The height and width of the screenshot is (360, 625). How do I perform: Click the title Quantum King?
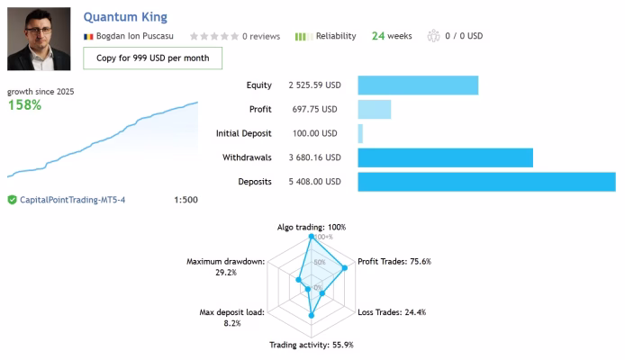[x=124, y=17]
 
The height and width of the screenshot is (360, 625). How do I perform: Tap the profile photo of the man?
[x=38, y=39]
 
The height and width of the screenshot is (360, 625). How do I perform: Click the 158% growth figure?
[x=24, y=105]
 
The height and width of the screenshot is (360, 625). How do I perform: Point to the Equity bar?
[x=418, y=85]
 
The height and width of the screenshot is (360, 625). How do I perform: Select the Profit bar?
[x=375, y=109]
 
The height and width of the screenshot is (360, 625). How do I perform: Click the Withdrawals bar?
[x=445, y=157]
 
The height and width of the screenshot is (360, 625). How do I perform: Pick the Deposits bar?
[x=486, y=182]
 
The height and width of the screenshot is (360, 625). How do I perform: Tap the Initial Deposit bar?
[x=360, y=133]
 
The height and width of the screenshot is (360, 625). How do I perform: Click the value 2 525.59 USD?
[x=314, y=85]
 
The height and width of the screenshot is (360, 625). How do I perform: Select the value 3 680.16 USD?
[x=314, y=157]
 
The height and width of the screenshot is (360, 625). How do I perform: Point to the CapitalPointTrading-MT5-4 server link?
[x=73, y=200]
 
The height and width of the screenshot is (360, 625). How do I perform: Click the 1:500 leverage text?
[x=186, y=200]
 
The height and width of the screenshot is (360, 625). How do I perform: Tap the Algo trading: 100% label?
[x=311, y=228]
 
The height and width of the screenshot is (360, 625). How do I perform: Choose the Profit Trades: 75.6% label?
[x=394, y=262]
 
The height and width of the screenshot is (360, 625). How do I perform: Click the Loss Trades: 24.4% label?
[x=392, y=312]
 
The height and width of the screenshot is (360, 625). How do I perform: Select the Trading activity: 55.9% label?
[x=312, y=345]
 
